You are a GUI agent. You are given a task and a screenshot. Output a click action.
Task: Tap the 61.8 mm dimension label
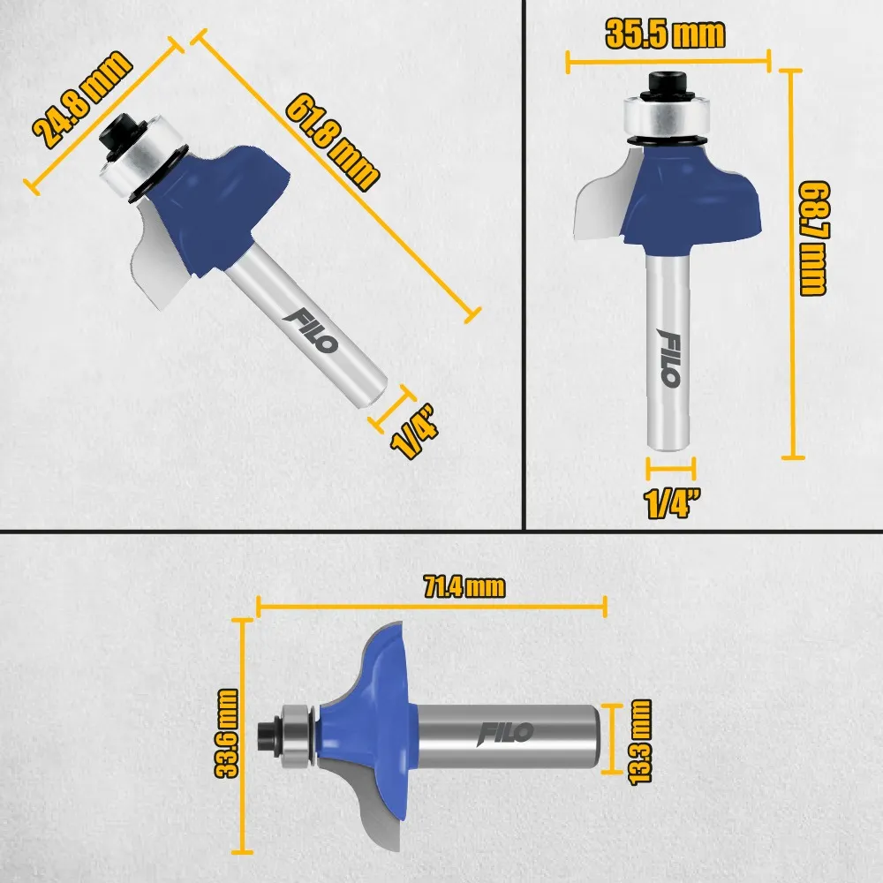click(332, 143)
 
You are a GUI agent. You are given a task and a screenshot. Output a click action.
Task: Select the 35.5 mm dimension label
click(665, 34)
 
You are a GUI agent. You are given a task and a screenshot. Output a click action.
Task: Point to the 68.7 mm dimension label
click(814, 238)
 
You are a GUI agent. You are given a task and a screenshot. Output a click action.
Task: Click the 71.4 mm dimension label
click(464, 587)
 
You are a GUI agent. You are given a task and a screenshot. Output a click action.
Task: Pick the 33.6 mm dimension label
click(228, 733)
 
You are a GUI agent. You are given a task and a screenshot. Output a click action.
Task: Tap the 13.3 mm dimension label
click(640, 742)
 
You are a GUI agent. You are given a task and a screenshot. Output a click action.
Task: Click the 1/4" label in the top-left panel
click(415, 431)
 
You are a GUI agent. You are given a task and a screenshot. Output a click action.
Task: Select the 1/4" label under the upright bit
click(672, 503)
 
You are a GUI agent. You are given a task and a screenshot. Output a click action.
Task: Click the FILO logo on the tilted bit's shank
click(311, 331)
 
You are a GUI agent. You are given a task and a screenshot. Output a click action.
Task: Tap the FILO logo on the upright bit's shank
click(669, 358)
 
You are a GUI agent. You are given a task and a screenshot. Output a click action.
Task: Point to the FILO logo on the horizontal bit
click(505, 733)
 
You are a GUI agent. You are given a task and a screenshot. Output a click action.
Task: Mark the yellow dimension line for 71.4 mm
click(432, 607)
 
